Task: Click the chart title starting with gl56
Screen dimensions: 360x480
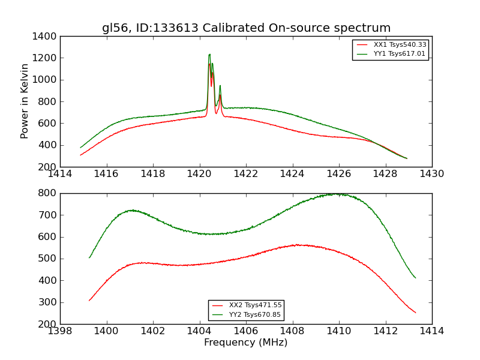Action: tap(246, 28)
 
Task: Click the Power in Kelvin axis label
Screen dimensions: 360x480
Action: tap(25, 101)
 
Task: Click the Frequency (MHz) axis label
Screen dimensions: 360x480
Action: tap(245, 343)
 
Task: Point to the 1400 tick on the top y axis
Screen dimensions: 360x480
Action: tap(44, 36)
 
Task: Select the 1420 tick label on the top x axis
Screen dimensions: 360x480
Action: tap(199, 174)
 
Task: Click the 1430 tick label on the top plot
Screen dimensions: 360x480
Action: tap(431, 174)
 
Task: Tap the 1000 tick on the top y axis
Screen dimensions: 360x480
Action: tap(44, 80)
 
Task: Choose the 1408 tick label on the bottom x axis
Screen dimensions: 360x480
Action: tap(292, 331)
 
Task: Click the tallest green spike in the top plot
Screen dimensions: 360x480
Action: tap(209, 55)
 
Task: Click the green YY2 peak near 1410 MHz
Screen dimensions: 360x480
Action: tap(338, 194)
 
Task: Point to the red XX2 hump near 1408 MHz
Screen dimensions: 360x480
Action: tap(296, 245)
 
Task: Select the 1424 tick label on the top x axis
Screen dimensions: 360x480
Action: tap(292, 174)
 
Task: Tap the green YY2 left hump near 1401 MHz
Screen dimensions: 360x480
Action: tap(131, 210)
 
